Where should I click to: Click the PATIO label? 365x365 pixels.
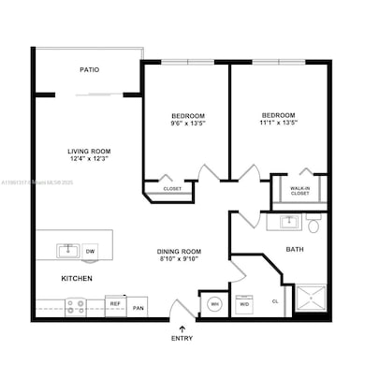click(x=90, y=70)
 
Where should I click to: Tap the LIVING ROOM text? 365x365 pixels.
click(x=90, y=151)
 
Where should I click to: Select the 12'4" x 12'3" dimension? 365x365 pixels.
click(x=90, y=160)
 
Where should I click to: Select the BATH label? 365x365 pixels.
click(x=294, y=249)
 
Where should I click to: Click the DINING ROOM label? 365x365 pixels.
click(x=179, y=251)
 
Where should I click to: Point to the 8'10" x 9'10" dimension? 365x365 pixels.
click(x=179, y=259)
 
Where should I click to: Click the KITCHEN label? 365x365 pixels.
click(x=76, y=279)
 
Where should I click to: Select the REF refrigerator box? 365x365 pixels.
click(x=116, y=304)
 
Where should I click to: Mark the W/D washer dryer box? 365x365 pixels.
click(x=244, y=304)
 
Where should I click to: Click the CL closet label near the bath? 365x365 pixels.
click(x=274, y=301)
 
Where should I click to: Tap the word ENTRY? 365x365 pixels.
click(x=180, y=338)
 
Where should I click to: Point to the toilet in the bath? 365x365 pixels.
click(x=314, y=225)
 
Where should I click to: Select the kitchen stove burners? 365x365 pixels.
click(x=75, y=304)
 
